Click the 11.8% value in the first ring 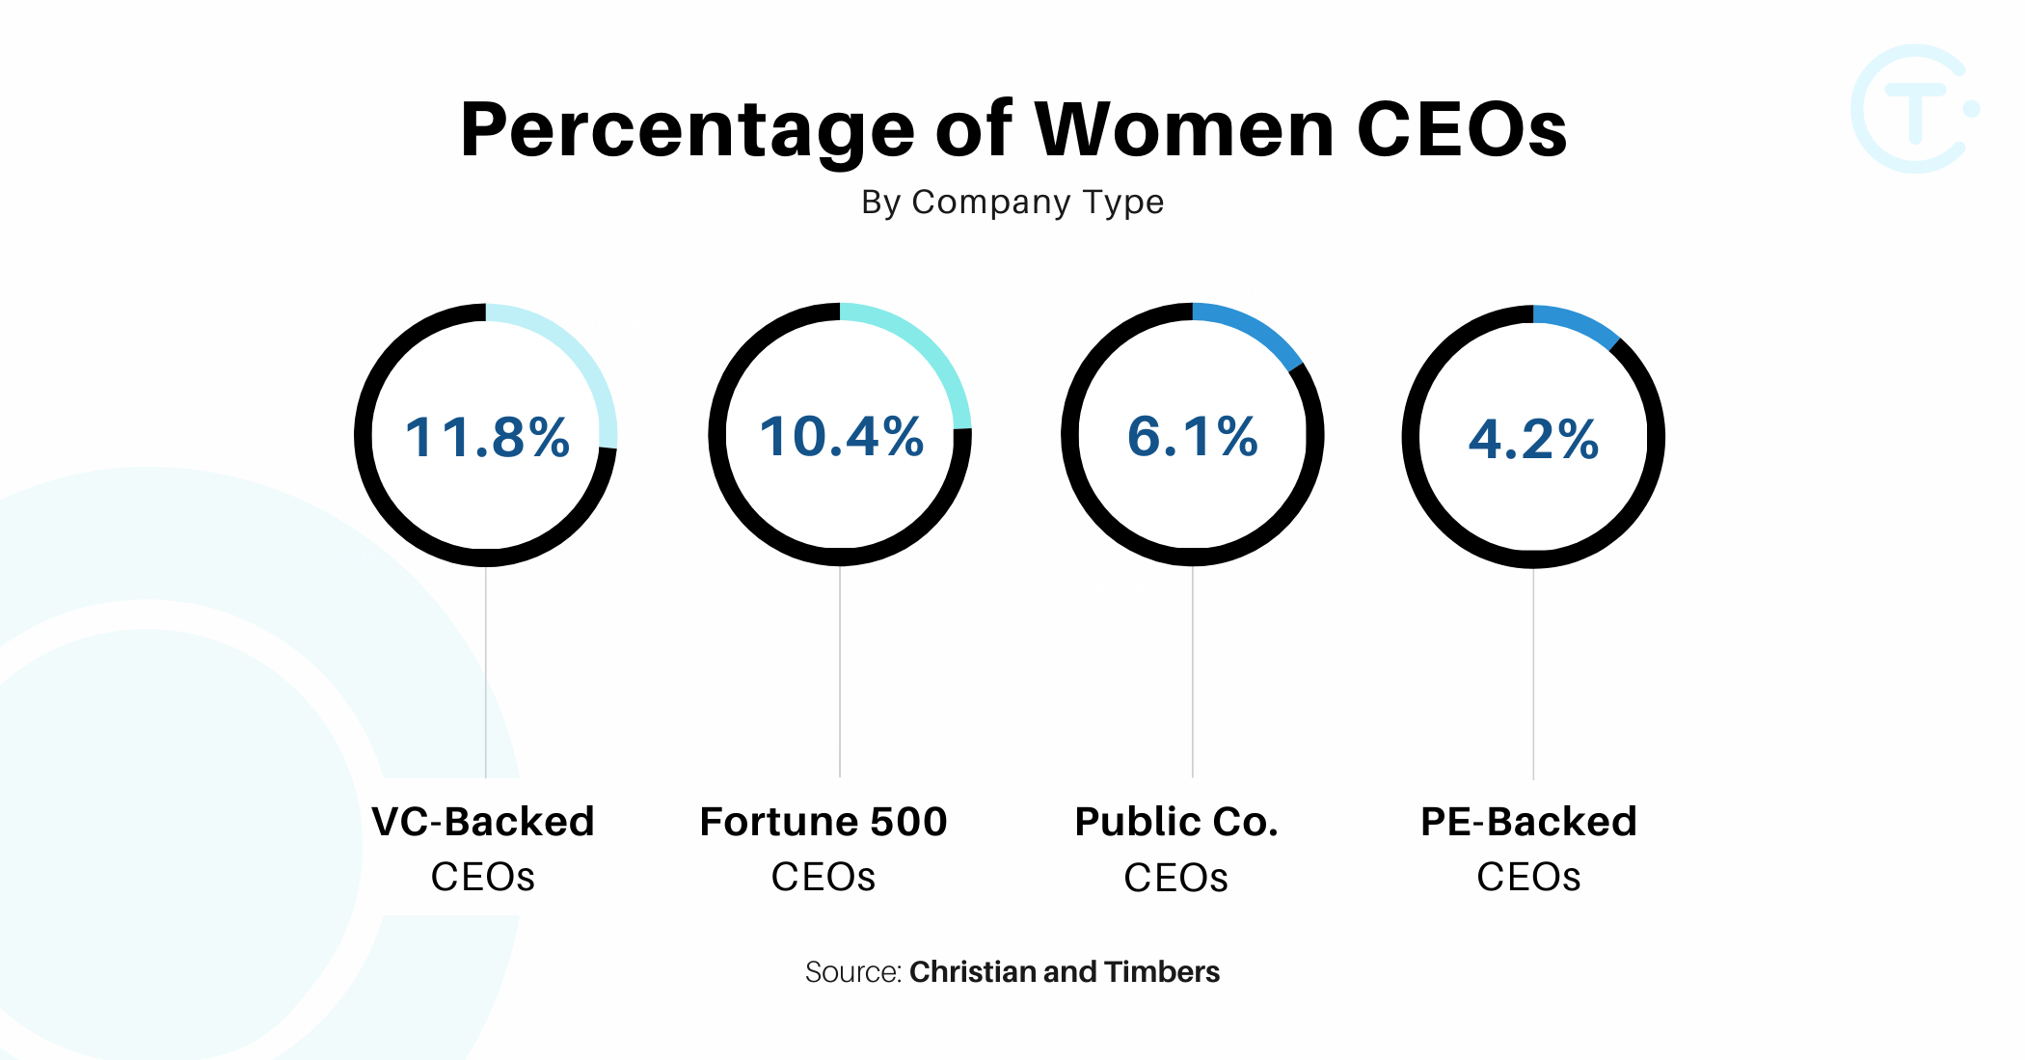[487, 437]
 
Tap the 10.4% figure [841, 436]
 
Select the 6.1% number [1193, 436]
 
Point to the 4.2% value [1533, 440]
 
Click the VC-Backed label [483, 822]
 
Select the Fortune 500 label [823, 822]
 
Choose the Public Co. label [1176, 822]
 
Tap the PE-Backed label [1528, 822]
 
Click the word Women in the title [1185, 129]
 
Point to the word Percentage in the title [687, 131]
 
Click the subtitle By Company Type [1012, 203]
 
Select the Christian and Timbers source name [1065, 972]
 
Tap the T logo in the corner [1914, 109]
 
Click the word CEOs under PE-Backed [1528, 878]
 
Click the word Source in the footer [852, 972]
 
